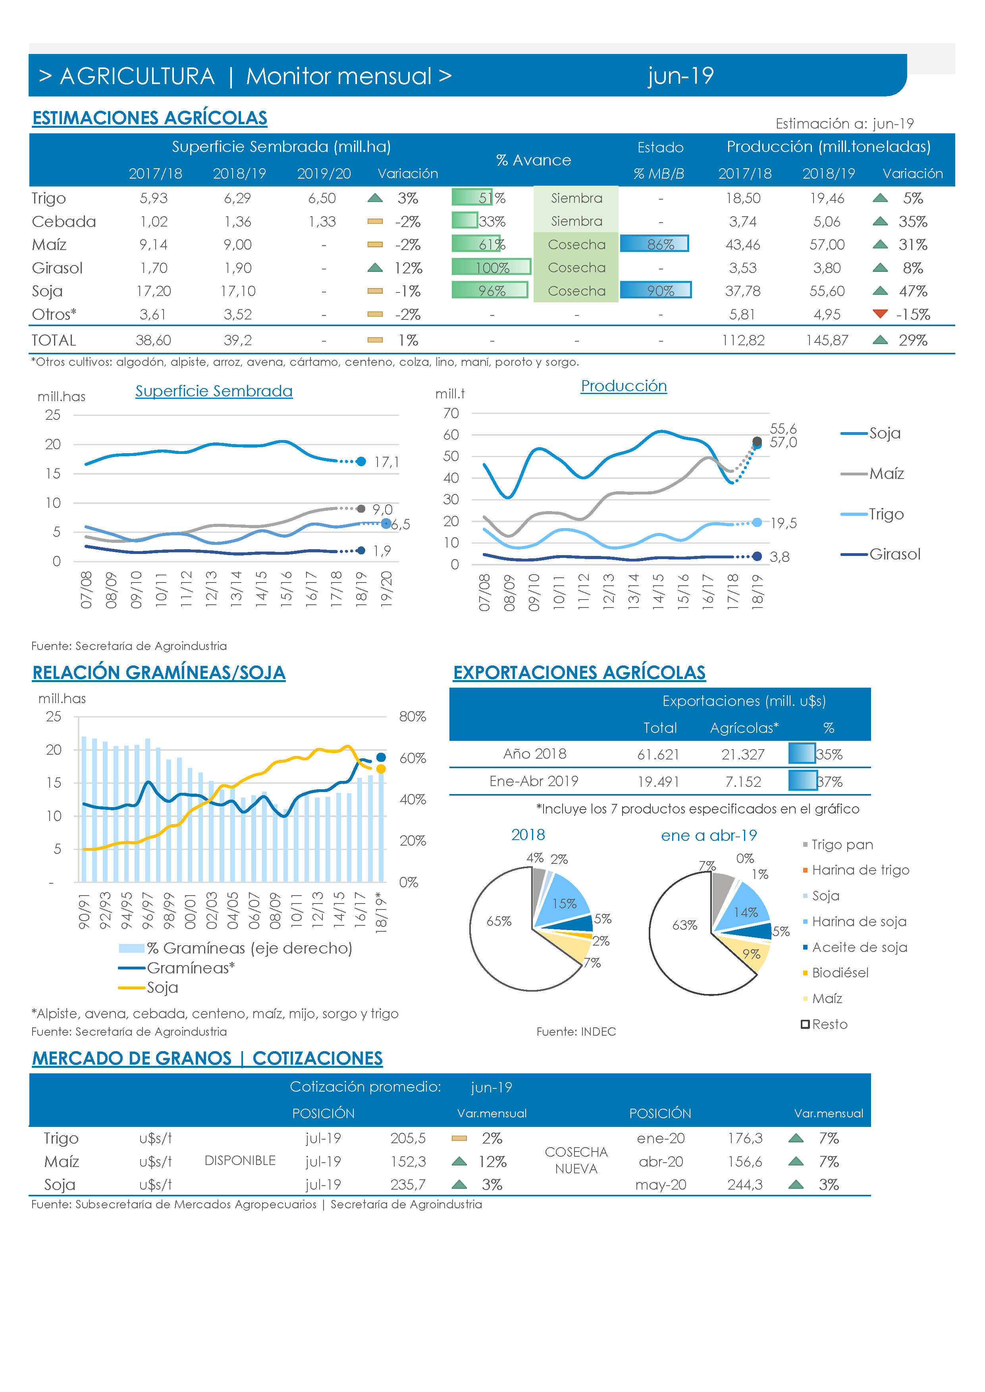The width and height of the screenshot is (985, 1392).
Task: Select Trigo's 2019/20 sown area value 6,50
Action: point(322,198)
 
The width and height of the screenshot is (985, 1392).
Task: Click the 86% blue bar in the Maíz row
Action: point(654,244)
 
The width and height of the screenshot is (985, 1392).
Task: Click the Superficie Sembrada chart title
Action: point(214,391)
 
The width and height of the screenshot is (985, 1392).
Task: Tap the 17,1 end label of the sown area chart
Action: point(386,462)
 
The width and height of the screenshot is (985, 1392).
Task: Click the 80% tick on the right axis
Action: point(413,717)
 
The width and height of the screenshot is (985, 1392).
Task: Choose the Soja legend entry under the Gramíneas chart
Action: point(148,988)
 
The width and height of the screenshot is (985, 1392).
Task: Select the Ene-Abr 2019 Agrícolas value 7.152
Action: point(743,781)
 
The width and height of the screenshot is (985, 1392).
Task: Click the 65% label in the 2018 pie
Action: point(499,921)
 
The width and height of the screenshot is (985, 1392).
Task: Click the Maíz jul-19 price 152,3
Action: point(408,1161)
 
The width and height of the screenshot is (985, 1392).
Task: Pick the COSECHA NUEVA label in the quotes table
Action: point(576,1160)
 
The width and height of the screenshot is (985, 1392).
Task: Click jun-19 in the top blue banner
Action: point(680,76)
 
